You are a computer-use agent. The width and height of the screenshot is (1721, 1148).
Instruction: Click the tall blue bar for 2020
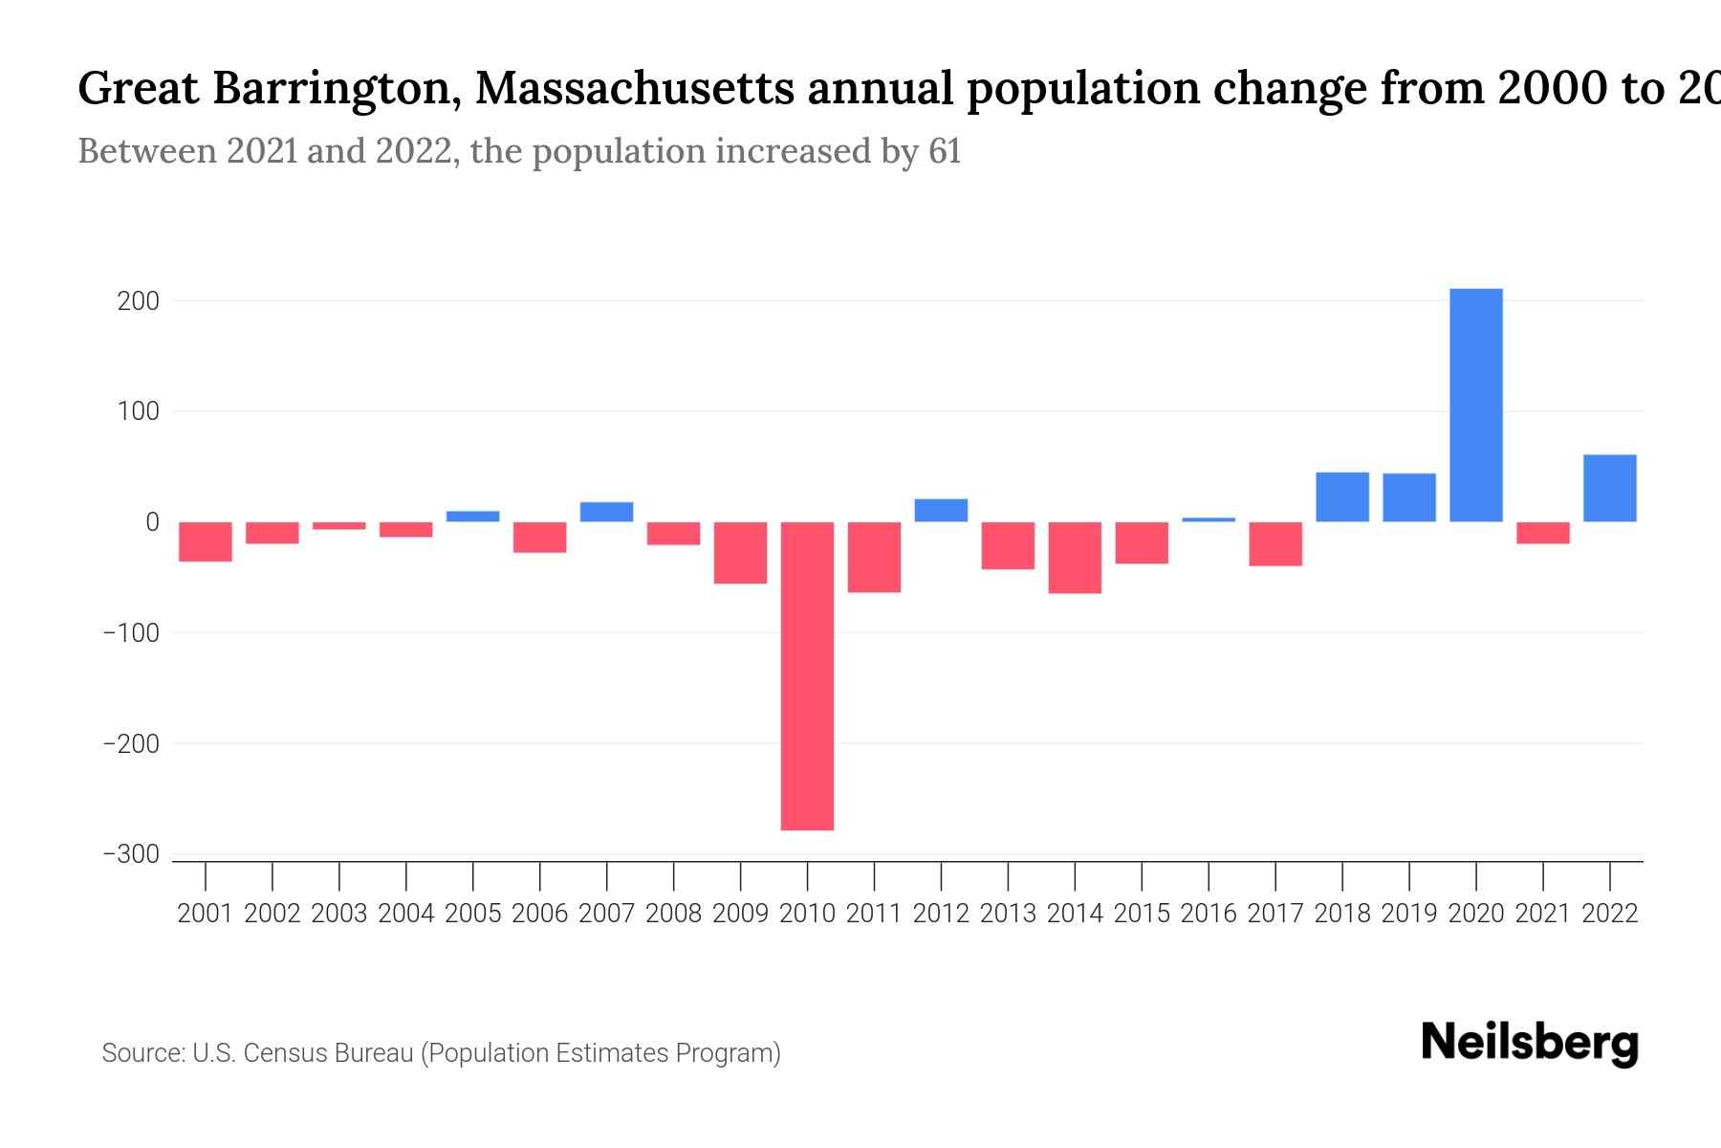click(x=1475, y=405)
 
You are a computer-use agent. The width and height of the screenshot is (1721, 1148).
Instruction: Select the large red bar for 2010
click(x=807, y=675)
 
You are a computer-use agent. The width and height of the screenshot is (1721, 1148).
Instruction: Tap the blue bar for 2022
click(x=1609, y=488)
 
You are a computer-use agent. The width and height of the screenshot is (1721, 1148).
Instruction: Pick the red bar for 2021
click(x=1542, y=533)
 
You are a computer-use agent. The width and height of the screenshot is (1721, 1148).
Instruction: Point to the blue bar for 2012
click(x=941, y=510)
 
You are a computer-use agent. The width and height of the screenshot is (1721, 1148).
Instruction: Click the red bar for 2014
click(x=1075, y=558)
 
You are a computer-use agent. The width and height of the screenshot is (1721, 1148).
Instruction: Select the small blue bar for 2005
click(x=472, y=517)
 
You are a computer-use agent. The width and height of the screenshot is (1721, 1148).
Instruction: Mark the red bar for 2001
click(x=206, y=541)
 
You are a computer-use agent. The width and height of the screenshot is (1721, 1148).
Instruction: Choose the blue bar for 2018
click(x=1341, y=497)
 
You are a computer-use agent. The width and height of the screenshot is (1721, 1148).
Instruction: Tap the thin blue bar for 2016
click(x=1209, y=519)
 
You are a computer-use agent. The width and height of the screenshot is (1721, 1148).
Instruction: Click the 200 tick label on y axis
click(x=138, y=301)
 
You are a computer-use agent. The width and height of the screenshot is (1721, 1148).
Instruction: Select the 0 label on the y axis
click(x=152, y=522)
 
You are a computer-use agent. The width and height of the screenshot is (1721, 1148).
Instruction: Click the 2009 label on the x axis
click(x=740, y=914)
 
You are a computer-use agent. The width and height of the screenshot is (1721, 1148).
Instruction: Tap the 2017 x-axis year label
click(x=1274, y=914)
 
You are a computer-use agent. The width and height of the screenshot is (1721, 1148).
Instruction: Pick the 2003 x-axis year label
click(x=339, y=914)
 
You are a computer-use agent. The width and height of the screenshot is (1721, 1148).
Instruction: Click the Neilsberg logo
click(x=1530, y=1043)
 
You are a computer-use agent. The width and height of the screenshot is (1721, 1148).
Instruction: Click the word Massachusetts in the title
click(x=633, y=89)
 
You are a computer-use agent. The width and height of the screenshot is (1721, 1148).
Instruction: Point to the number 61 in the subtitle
click(x=944, y=151)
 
